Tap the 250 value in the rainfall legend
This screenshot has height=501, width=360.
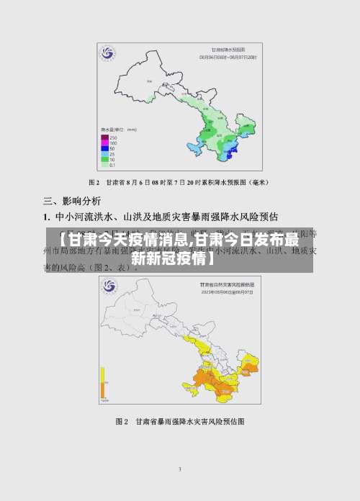[113, 137]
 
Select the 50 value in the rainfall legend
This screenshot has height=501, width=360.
[112, 148]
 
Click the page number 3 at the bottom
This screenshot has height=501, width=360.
[180, 469]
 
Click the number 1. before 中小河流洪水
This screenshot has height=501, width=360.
[47, 216]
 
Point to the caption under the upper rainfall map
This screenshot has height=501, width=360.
[179, 183]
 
